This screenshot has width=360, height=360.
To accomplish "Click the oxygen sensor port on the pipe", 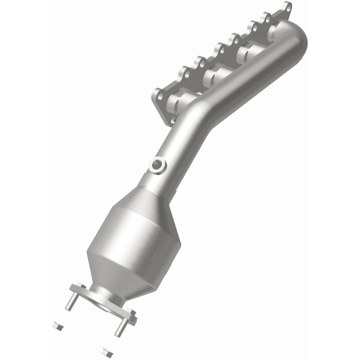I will point(157,165).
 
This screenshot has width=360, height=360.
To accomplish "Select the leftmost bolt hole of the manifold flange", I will point(158,95).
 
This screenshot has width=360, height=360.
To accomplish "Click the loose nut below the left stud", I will point(56,324).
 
